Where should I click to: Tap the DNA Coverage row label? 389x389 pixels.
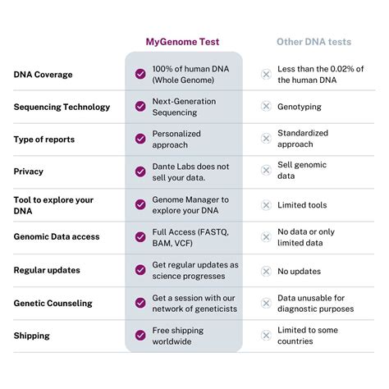(x=43, y=75)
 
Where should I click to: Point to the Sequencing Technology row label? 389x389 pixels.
(x=62, y=107)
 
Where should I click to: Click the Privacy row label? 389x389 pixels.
(x=29, y=172)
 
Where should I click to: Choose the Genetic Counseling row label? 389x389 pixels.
(x=53, y=303)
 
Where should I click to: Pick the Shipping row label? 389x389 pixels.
(x=31, y=336)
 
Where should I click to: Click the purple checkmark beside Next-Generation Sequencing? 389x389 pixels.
(x=140, y=107)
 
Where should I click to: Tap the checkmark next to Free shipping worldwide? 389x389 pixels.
(x=140, y=336)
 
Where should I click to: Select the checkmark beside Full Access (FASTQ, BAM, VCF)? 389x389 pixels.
(x=140, y=237)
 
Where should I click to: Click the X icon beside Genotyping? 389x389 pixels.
(x=265, y=107)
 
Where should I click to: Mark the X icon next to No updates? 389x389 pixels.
(x=265, y=270)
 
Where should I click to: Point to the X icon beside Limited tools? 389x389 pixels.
(x=265, y=204)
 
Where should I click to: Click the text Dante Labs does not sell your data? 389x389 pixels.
(x=190, y=172)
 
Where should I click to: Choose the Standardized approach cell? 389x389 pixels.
(x=303, y=139)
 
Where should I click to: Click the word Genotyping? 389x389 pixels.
(x=300, y=107)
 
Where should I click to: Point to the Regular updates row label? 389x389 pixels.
(x=45, y=270)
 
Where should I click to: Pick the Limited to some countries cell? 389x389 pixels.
(x=309, y=336)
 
